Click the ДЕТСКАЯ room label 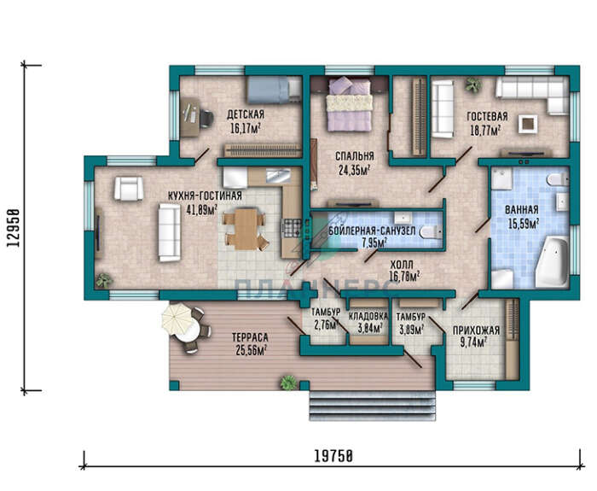(x=246, y=114)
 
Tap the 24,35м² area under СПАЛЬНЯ (x=355, y=169)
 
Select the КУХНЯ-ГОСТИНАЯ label (x=205, y=196)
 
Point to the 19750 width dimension (x=333, y=456)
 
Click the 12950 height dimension (x=13, y=228)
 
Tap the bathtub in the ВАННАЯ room (x=552, y=261)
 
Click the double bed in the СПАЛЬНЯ (x=349, y=103)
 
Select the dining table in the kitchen (x=246, y=229)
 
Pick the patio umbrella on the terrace (x=178, y=318)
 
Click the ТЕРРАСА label (x=250, y=337)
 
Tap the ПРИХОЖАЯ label (x=476, y=330)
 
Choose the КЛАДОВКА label (x=368, y=316)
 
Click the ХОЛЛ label (x=402, y=265)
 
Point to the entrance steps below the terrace (x=372, y=406)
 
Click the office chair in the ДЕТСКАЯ (x=206, y=119)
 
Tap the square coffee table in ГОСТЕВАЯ (x=528, y=124)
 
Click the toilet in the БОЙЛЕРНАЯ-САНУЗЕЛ (x=431, y=231)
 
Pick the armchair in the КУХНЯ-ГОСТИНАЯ (x=129, y=189)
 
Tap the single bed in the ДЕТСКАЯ (x=274, y=90)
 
